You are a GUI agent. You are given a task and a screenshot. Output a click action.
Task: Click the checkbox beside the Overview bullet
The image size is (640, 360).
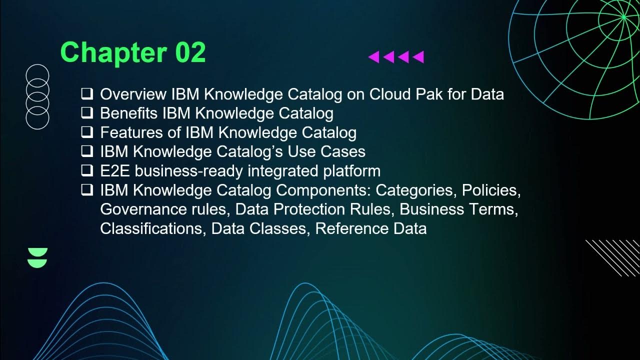click(x=87, y=94)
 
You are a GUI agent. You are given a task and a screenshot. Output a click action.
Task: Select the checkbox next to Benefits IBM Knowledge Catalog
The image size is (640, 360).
click(x=87, y=113)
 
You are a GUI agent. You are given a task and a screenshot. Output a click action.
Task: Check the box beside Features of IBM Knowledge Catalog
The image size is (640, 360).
click(x=87, y=132)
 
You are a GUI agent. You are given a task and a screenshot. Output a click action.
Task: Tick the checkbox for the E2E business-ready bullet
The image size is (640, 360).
click(x=87, y=171)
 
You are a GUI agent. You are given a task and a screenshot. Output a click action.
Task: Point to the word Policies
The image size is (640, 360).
click(x=491, y=190)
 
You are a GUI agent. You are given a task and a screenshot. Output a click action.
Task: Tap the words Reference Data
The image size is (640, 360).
click(x=370, y=228)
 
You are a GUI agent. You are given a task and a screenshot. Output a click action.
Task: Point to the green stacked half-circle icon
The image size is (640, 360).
click(x=38, y=257)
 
